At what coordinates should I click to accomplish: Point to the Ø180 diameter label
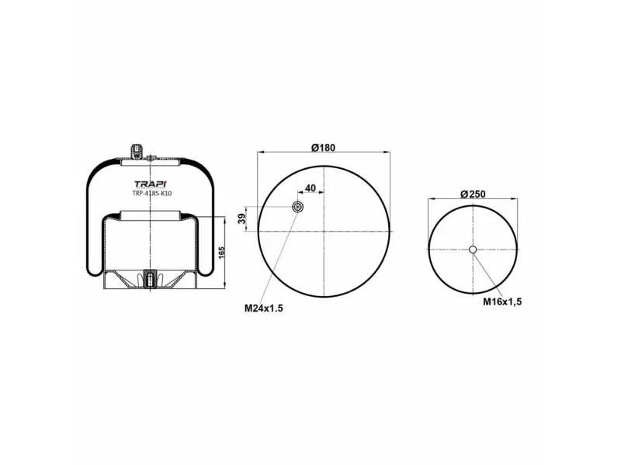[323, 148]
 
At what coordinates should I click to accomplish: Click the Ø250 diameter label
[473, 194]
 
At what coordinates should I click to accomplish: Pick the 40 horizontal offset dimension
[310, 188]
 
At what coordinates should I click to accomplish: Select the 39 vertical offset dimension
[241, 219]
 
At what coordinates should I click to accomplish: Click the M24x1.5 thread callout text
[264, 308]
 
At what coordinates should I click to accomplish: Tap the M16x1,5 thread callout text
[502, 301]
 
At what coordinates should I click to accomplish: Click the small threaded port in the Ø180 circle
[297, 207]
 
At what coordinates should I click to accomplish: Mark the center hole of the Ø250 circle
[473, 249]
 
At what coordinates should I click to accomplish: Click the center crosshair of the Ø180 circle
[324, 231]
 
